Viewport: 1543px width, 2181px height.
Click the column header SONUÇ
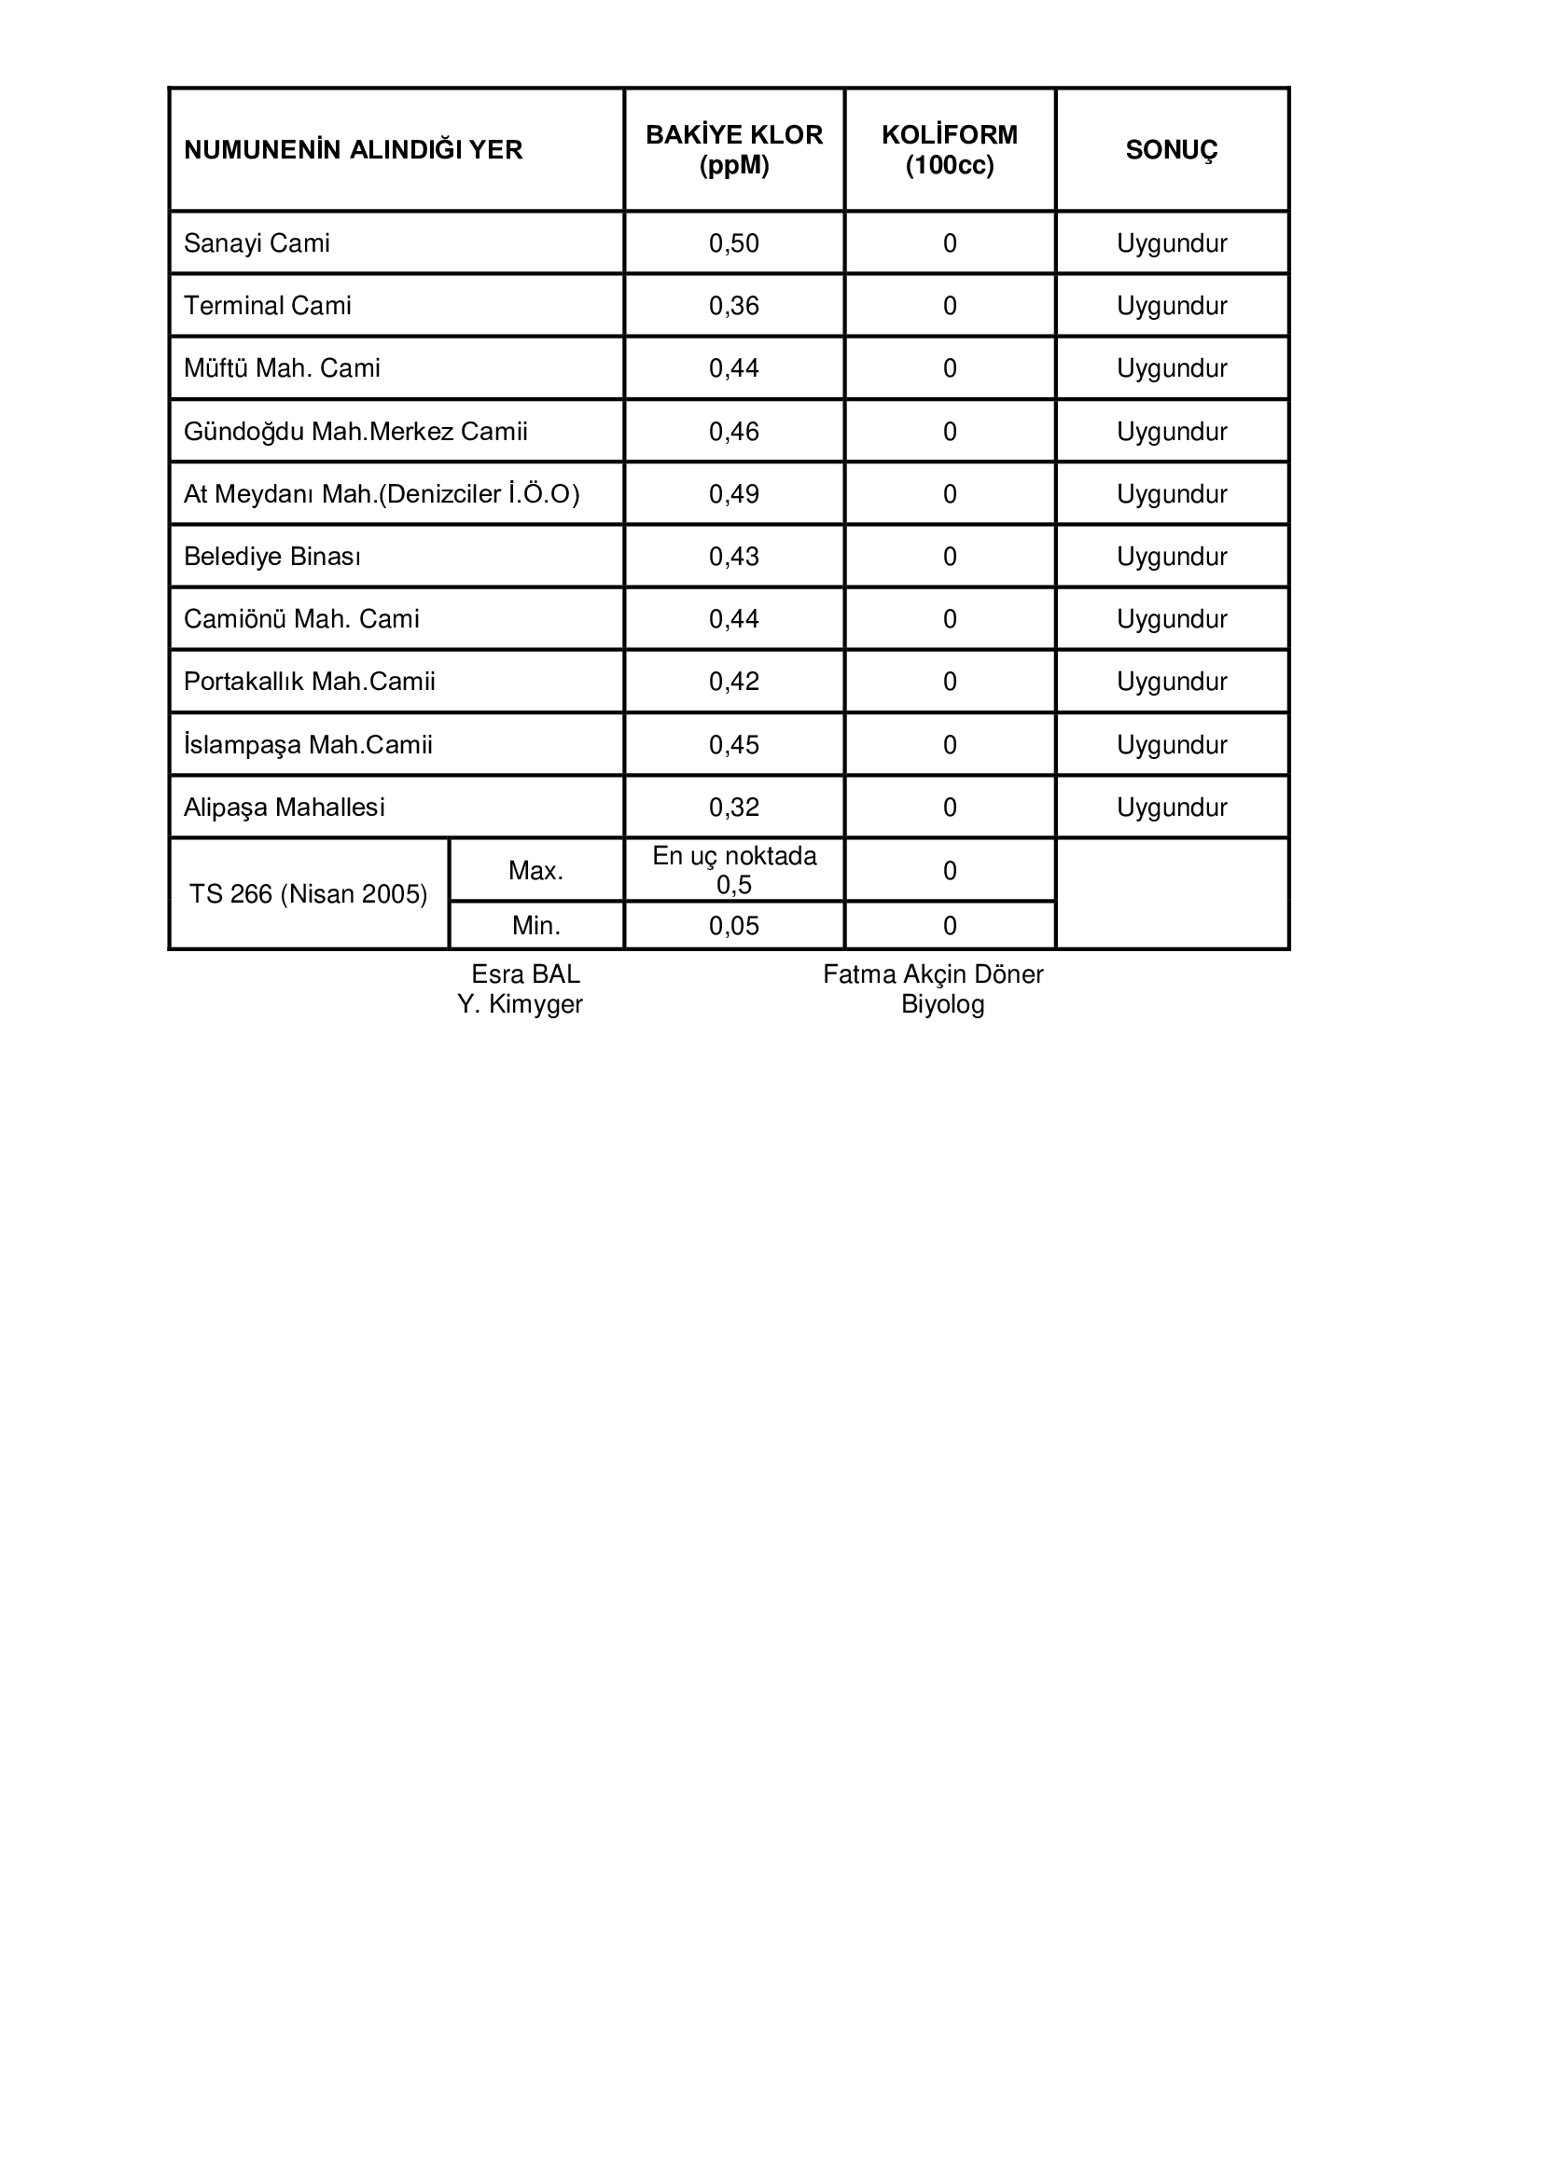[1171, 150]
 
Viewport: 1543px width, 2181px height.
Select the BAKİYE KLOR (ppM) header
[733, 150]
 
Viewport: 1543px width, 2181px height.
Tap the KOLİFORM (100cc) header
[949, 150]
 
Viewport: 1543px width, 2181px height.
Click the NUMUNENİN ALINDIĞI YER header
[353, 150]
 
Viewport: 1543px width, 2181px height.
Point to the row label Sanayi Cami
[257, 243]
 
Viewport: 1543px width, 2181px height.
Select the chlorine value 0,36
[733, 306]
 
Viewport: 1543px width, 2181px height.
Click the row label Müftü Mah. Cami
[281, 368]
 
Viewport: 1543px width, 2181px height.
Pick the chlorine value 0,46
[733, 432]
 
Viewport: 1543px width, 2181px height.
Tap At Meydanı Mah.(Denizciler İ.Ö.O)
[381, 494]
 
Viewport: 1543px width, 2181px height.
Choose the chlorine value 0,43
[733, 557]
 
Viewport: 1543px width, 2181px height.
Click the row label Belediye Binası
[271, 557]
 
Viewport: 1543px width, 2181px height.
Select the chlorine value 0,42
[733, 682]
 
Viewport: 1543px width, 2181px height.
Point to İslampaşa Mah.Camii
[308, 745]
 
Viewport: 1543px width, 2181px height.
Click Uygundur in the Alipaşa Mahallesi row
[1172, 808]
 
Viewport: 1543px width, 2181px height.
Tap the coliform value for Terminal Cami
[949, 306]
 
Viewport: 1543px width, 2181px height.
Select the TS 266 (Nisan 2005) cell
[308, 894]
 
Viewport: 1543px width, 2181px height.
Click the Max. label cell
[535, 871]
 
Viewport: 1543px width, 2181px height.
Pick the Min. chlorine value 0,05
[733, 926]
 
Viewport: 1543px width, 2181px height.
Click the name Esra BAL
[525, 974]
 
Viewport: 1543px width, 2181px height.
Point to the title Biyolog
[942, 1005]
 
